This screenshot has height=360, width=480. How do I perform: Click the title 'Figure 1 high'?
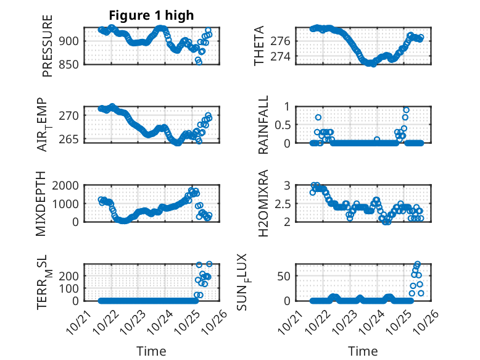coord(151,15)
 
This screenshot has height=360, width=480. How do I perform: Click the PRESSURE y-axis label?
coord(48,46)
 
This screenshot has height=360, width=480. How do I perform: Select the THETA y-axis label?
coord(260,46)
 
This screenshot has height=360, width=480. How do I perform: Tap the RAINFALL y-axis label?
coord(263,125)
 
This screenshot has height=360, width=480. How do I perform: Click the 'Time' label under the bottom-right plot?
coord(363,351)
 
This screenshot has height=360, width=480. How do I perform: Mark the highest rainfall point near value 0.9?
coord(405,110)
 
